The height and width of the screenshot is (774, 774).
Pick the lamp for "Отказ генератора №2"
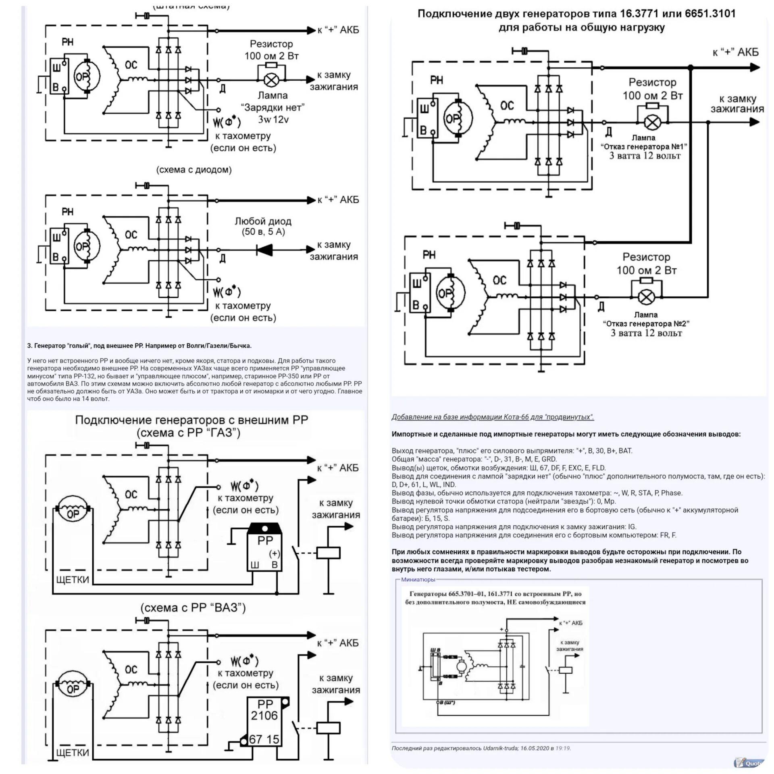(646, 298)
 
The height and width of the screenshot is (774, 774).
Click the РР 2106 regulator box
(264, 722)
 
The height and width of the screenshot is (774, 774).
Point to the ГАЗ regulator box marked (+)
(264, 547)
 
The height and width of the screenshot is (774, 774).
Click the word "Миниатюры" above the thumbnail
(418, 579)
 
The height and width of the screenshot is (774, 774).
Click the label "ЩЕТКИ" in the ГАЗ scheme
(73, 580)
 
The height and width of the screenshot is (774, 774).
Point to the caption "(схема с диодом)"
(194, 170)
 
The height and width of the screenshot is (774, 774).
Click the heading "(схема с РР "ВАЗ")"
(193, 608)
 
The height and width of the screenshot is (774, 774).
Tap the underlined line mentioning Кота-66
(493, 417)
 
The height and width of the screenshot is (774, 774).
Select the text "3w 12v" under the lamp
(273, 119)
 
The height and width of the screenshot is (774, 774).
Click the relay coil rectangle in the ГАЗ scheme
(329, 553)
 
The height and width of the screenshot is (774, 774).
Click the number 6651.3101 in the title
(710, 14)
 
